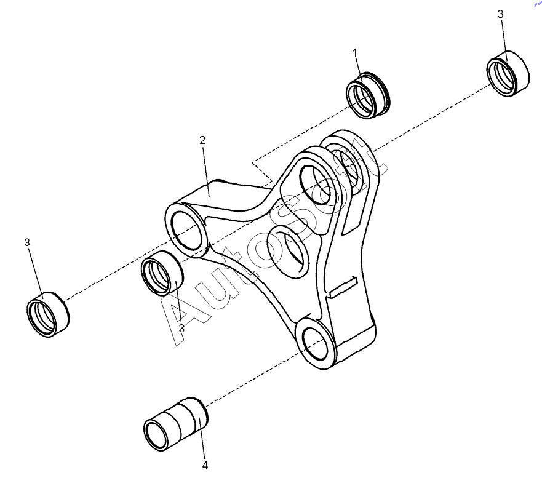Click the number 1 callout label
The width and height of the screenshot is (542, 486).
click(x=355, y=54)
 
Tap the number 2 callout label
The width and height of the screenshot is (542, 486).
click(x=202, y=140)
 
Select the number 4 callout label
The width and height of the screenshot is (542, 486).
click(x=205, y=466)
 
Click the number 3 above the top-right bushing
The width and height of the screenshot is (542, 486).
click(x=500, y=14)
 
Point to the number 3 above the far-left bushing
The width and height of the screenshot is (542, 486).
click(x=27, y=242)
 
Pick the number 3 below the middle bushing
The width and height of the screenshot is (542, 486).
click(x=181, y=328)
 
